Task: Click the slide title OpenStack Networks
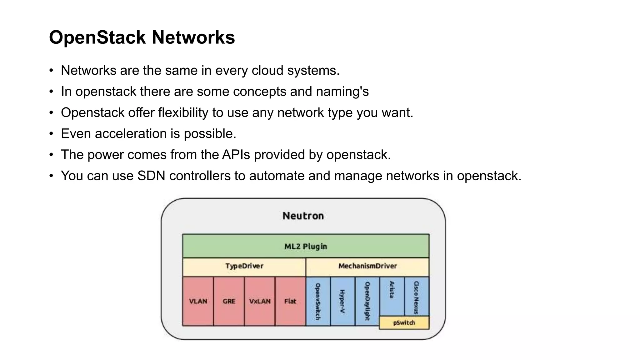click(142, 37)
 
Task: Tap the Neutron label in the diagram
click(303, 216)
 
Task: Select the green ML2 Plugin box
click(306, 246)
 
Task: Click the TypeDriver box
click(244, 266)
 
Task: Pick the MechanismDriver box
click(367, 266)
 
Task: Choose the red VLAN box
click(198, 301)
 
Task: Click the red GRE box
click(229, 301)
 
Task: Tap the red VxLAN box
click(260, 301)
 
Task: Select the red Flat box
click(290, 301)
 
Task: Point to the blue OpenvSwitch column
click(318, 301)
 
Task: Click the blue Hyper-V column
click(342, 301)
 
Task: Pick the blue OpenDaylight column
click(367, 301)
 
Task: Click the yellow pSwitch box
click(404, 323)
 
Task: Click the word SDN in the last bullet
click(151, 176)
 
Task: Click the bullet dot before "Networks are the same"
click(51, 71)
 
